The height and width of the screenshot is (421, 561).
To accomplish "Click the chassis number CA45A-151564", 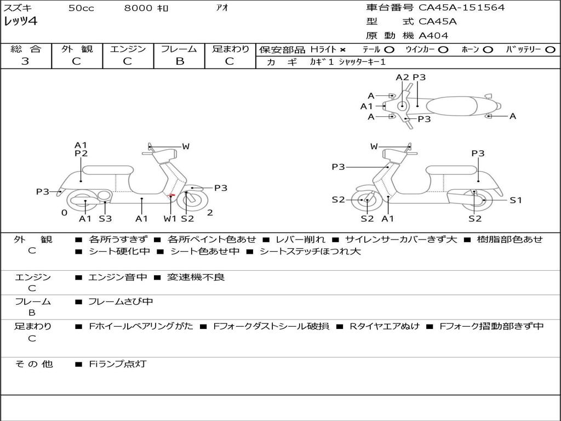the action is click(x=461, y=8).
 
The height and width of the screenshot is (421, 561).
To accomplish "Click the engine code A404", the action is click(x=433, y=36).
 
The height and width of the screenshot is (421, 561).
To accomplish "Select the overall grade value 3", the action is click(x=25, y=61).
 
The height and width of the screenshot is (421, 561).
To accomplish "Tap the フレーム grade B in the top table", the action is click(x=180, y=61).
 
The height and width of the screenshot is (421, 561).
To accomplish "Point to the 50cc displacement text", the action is click(x=81, y=8).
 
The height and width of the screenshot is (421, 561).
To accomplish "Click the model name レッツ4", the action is click(x=21, y=22).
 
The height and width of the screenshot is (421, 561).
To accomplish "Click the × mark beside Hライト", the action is click(x=342, y=49).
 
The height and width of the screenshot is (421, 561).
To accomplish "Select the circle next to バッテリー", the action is click(x=550, y=49).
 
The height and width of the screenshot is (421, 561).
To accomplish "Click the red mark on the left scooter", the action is click(x=172, y=195).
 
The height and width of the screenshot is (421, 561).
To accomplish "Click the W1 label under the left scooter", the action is click(x=170, y=219).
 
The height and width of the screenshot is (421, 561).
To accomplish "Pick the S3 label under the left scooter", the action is click(x=105, y=219).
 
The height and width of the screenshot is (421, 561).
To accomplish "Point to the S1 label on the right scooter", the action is click(x=516, y=200).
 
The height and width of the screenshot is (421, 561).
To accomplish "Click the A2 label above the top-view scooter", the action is click(x=403, y=77).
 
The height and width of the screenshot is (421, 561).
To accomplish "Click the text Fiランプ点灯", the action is click(x=118, y=364).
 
